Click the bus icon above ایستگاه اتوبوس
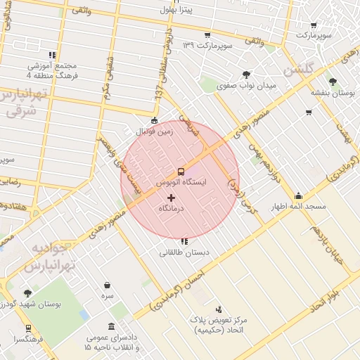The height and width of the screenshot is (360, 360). pos(181,171)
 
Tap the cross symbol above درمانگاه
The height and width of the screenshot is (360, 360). pos(172,198)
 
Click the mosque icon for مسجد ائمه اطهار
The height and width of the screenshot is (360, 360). pos(298,196)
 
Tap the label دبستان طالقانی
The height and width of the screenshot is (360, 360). pos(184,252)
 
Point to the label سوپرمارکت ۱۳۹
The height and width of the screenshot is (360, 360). pos(207,45)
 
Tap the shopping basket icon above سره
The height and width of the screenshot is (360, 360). pos(107,285)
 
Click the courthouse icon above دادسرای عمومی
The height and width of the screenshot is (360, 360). pos(112,326)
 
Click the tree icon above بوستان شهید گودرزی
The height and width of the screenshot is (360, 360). pos(27,293)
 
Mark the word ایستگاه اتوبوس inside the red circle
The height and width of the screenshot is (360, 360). pos(181,182)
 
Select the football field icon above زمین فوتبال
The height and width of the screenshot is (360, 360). pos(155,120)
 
